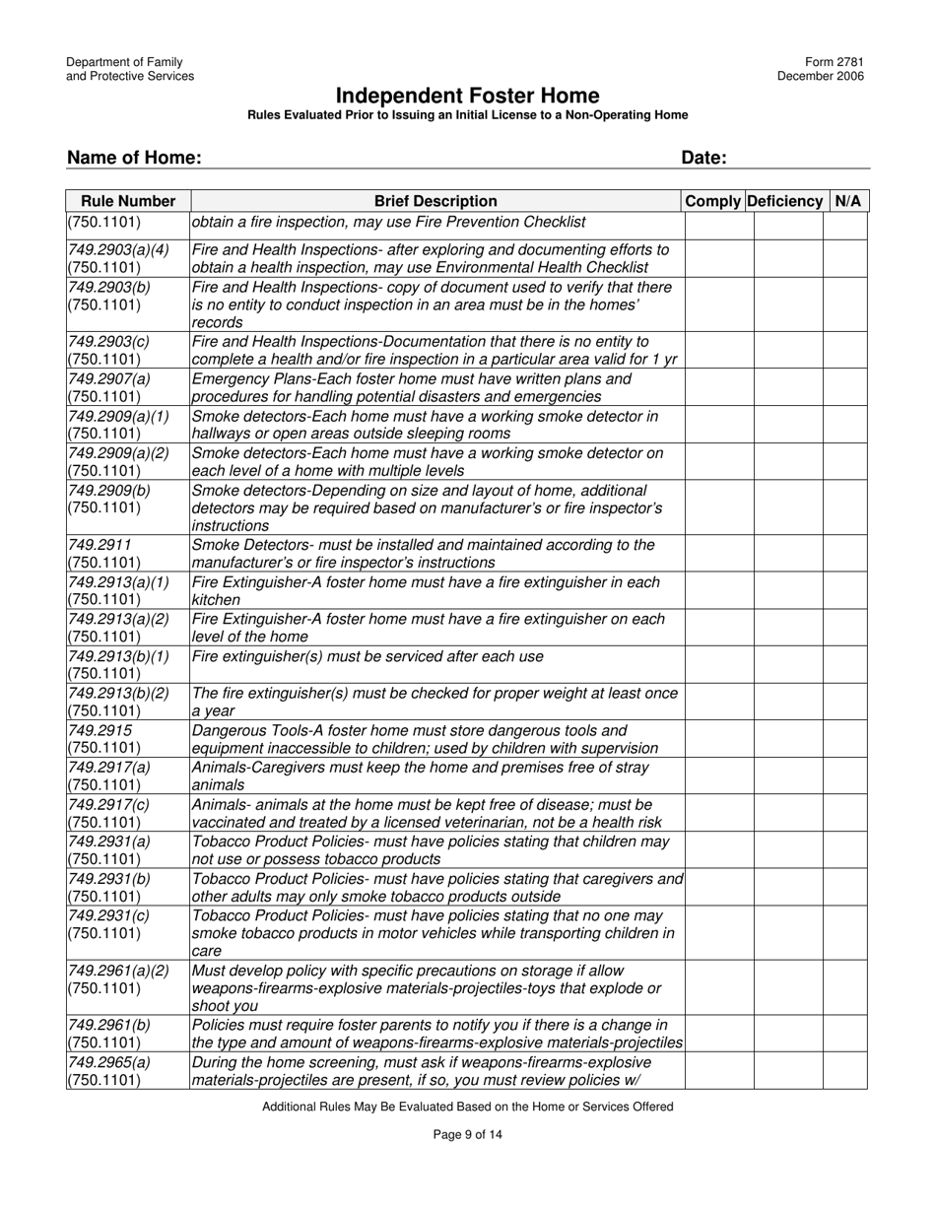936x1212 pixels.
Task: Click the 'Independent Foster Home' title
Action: point(467,96)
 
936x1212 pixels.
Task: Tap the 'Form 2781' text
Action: point(838,62)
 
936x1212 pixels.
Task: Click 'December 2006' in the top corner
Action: point(821,77)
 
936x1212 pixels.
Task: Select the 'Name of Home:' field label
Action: point(134,158)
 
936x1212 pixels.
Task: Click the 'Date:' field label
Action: point(703,158)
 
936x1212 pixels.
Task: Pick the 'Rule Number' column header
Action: point(128,201)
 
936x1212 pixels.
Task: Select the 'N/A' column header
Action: point(847,201)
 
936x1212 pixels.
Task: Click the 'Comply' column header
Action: point(712,201)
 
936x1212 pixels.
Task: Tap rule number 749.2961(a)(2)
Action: point(118,970)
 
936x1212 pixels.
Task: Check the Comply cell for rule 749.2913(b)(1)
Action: point(718,665)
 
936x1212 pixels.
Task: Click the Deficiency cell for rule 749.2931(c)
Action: point(788,932)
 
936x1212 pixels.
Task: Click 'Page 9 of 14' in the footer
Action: point(467,1134)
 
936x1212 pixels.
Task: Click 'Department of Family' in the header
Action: point(124,62)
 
